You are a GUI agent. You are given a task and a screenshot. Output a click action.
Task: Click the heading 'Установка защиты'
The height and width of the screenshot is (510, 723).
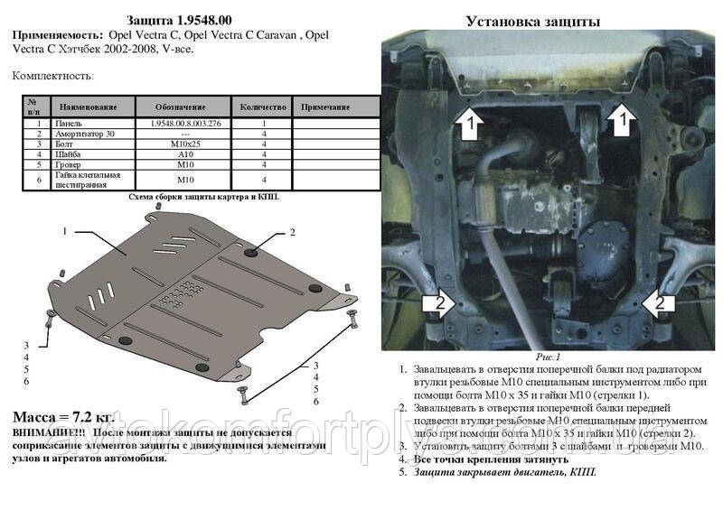click(x=533, y=21)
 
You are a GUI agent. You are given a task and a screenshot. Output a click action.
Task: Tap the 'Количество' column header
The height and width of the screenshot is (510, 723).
click(x=263, y=107)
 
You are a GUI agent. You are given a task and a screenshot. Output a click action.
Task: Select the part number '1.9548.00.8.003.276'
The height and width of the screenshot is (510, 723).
click(x=184, y=123)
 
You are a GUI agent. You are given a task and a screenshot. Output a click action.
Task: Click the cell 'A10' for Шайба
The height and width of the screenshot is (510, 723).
click(x=184, y=154)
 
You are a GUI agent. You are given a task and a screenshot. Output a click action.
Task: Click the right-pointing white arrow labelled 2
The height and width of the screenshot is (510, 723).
click(x=435, y=303)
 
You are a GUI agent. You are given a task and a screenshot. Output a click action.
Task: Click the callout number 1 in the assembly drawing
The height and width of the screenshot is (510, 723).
click(x=65, y=231)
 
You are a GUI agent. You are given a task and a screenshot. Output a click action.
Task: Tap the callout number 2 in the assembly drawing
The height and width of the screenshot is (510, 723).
click(x=292, y=233)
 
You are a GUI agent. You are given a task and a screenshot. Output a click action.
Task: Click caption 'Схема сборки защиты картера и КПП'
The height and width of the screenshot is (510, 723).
click(x=203, y=196)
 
